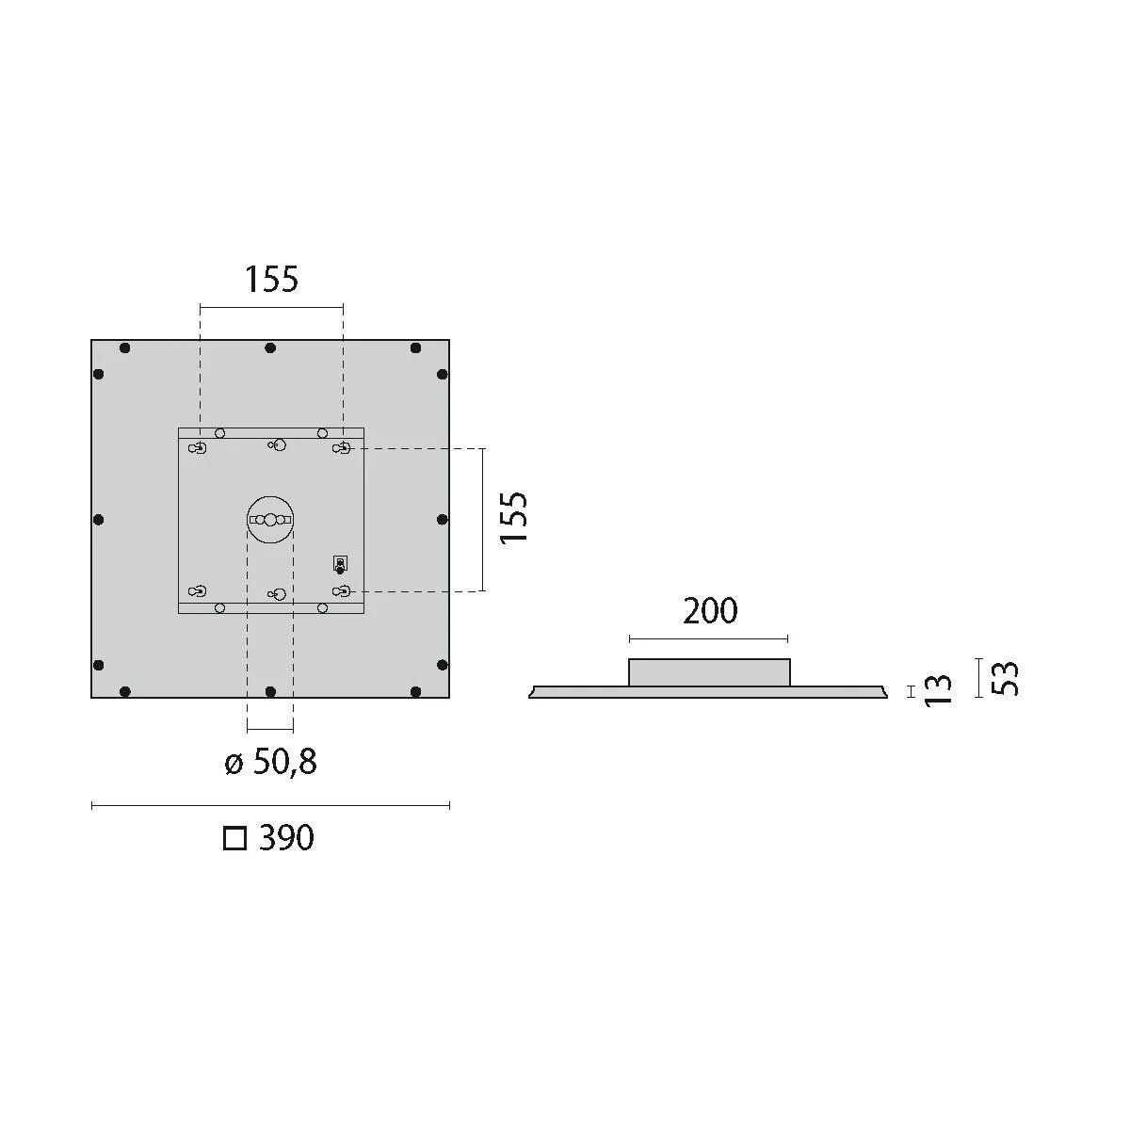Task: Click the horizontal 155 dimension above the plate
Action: coord(271,280)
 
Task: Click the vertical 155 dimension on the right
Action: coord(514,517)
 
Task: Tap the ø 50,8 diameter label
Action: coord(271,762)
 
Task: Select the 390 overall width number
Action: coord(286,837)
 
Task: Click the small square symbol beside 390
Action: coord(234,838)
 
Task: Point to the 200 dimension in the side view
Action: coord(710,611)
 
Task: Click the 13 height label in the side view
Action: coord(939,690)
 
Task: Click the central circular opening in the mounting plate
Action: coord(270,520)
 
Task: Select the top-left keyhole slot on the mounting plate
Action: coord(198,448)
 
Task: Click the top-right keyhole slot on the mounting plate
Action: coord(343,448)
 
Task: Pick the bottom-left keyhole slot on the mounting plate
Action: coord(198,591)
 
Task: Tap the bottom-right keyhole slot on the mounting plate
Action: coord(343,591)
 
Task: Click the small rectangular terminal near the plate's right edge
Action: coord(340,563)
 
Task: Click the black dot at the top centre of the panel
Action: coord(270,348)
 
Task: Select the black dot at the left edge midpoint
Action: coord(99,520)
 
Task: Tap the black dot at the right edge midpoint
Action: coord(442,520)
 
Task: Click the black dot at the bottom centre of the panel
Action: coord(270,691)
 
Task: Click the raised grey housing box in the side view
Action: coord(709,672)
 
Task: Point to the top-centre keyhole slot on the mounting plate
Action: coord(276,444)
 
